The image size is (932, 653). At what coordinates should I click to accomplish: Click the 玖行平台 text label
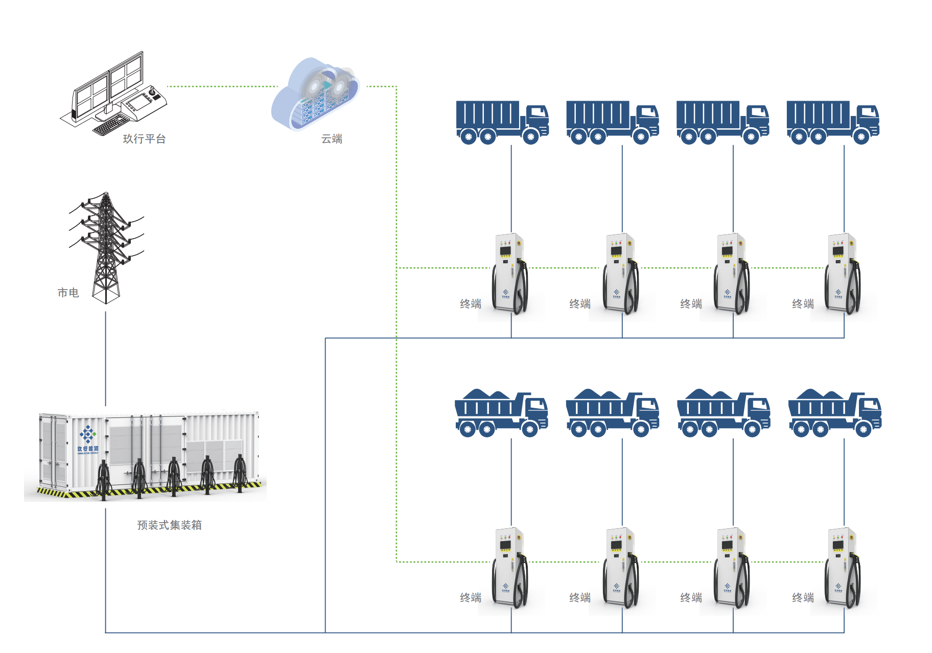pyautogui.click(x=144, y=139)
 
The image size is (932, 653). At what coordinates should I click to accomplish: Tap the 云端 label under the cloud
pyautogui.click(x=332, y=139)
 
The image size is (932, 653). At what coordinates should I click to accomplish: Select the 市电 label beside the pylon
pyautogui.click(x=68, y=293)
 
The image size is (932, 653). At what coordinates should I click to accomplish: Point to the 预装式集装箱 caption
pyautogui.click(x=169, y=525)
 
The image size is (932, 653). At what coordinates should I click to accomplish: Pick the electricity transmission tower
pyautogui.click(x=106, y=248)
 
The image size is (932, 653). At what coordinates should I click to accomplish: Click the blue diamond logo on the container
pyautogui.click(x=87, y=434)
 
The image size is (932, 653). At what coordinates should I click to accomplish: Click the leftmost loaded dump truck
pyautogui.click(x=501, y=414)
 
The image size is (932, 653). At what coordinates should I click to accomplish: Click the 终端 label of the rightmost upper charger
pyautogui.click(x=803, y=304)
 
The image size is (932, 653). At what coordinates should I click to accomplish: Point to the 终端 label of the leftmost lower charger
pyautogui.click(x=471, y=598)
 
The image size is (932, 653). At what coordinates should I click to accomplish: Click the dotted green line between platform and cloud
pyautogui.click(x=222, y=86)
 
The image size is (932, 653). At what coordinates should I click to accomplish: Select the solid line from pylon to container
pyautogui.click(x=106, y=358)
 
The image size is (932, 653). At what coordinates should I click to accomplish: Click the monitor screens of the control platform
pyautogui.click(x=108, y=84)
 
